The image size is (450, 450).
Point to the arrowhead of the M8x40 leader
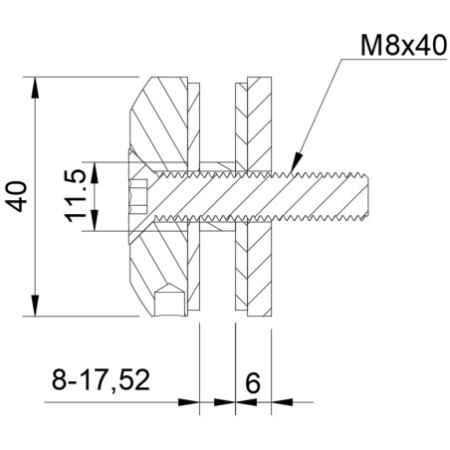pyautogui.click(x=292, y=159)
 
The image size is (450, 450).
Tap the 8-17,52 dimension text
pyautogui.click(x=100, y=379)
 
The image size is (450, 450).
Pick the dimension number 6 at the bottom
pyautogui.click(x=251, y=380)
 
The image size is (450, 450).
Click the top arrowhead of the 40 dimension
pyautogui.click(x=37, y=85)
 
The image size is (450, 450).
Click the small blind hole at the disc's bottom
pyautogui.click(x=169, y=299)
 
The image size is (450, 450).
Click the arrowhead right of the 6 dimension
pyautogui.click(x=281, y=403)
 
